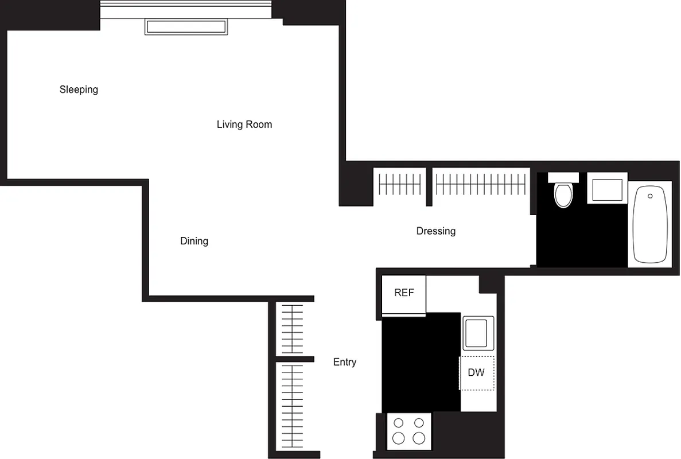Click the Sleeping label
coord(79,90)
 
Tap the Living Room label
coord(244,125)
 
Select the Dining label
coord(194,241)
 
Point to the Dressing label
coord(436,231)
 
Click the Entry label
coord(345,363)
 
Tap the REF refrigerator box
coord(404,294)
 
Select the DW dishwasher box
coord(476,373)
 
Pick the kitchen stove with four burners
coord(409,431)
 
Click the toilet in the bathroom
coord(563,192)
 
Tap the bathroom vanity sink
coord(607,189)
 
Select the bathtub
coord(651,224)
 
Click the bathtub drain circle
coord(650,196)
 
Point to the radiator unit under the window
coord(186,27)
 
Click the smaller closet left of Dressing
coord(400,185)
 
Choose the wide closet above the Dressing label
coord(481,185)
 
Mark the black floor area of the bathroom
coord(581,238)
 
